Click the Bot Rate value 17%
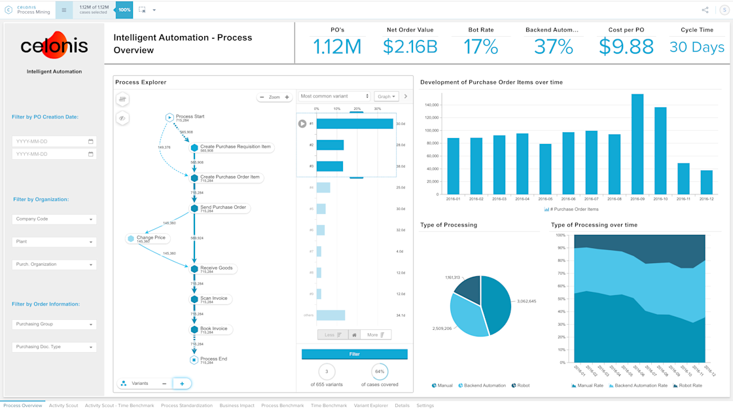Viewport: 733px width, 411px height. [481, 46]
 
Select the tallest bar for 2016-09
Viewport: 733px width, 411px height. [637, 145]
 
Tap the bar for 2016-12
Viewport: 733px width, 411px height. [706, 183]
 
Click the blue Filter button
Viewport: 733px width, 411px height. [354, 354]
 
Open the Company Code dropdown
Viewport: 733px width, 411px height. [54, 219]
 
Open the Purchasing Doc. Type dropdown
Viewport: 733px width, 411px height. [54, 347]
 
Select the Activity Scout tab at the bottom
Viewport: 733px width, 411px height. [63, 406]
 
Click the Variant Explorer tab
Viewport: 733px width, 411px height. [371, 406]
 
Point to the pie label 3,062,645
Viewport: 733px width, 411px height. [526, 301]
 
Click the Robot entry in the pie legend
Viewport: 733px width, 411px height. [521, 385]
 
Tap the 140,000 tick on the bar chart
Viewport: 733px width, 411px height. [431, 105]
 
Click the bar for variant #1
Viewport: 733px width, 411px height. [355, 124]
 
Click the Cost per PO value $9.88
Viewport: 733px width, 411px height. [626, 46]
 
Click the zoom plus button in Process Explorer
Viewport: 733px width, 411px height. [287, 97]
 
